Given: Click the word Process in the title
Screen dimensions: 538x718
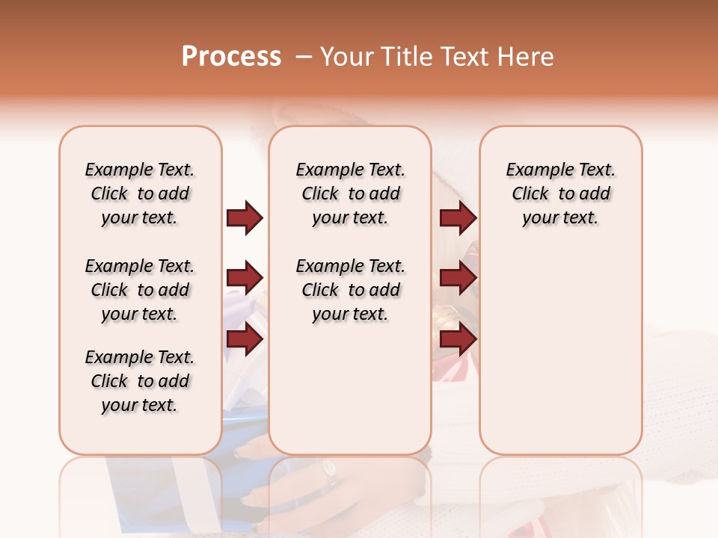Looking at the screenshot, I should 231,57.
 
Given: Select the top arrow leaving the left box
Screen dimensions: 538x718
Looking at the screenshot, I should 245,218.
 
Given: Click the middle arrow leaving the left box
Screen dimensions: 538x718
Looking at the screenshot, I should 245,279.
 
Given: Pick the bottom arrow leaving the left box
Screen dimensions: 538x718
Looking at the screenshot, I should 245,339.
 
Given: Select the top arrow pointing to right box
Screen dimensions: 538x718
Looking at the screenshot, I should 458,218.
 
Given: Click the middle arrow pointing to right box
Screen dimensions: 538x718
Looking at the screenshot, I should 458,279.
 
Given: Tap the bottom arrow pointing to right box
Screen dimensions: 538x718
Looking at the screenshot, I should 458,339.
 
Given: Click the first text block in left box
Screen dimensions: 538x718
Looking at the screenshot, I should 140,194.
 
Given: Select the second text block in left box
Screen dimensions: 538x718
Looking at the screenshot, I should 140,290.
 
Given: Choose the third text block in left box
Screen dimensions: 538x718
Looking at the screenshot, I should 140,381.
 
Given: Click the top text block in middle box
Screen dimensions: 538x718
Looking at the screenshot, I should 350,194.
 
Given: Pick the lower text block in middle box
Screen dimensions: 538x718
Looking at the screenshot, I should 350,290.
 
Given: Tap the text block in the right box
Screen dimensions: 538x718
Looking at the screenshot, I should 560,194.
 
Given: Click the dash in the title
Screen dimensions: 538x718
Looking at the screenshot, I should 304,58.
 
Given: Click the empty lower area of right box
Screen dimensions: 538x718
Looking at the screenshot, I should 560,351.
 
